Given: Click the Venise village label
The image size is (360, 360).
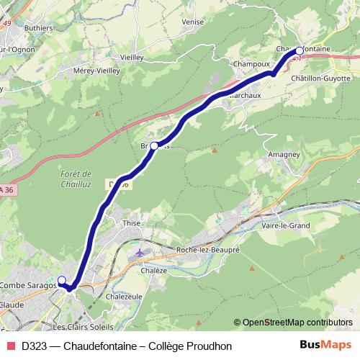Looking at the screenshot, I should click(x=193, y=22).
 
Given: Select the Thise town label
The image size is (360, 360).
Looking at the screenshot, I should click(x=131, y=223).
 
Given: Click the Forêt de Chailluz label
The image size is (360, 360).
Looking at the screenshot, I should click(x=76, y=179).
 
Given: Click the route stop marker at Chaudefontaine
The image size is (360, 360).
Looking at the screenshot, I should click(x=300, y=51).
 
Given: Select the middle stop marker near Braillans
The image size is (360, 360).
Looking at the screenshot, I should click(x=154, y=145).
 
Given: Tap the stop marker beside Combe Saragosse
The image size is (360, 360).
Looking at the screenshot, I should click(x=62, y=280).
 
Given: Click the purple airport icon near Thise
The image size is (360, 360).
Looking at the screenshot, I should click(x=138, y=253).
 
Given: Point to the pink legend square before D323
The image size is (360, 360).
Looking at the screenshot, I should click(x=11, y=346).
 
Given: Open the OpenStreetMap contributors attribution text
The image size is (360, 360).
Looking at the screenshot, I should click(x=297, y=323).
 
